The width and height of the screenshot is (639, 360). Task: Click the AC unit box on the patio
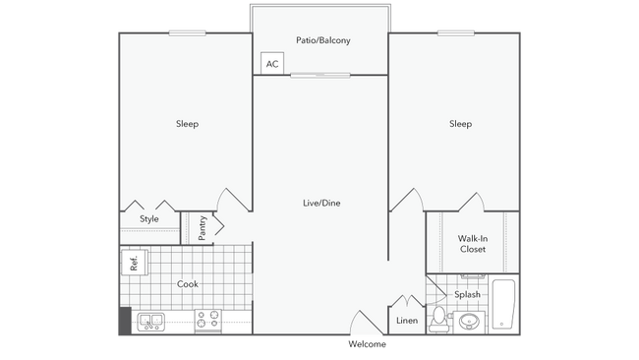click(x=272, y=63)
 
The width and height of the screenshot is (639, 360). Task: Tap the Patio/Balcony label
click(x=323, y=40)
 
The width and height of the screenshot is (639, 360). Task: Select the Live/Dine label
click(x=321, y=203)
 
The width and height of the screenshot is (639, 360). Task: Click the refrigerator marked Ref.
click(x=134, y=263)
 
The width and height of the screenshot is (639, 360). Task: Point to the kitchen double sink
click(x=150, y=322)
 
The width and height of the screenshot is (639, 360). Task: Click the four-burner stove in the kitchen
click(x=207, y=320)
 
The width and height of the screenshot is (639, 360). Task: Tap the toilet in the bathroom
click(x=438, y=320)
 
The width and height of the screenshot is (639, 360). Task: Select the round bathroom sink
click(x=469, y=322)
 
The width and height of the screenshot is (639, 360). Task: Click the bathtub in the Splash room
click(x=503, y=304)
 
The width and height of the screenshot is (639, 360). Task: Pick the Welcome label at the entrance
click(x=367, y=344)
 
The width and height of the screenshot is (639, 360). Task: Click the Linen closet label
click(x=407, y=321)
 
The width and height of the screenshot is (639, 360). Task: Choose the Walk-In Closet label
click(x=473, y=244)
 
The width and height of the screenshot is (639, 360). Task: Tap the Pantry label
click(x=203, y=228)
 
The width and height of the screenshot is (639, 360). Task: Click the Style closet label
click(x=149, y=219)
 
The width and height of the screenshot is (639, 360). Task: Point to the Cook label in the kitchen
click(x=188, y=283)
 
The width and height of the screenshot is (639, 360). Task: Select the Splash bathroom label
click(x=467, y=294)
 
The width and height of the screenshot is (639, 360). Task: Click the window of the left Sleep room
click(x=188, y=33)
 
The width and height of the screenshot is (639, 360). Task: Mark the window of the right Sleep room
click(x=456, y=33)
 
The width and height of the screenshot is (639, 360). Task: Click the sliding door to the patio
click(x=320, y=75)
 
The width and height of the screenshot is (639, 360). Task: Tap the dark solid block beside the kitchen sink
click(x=125, y=321)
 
